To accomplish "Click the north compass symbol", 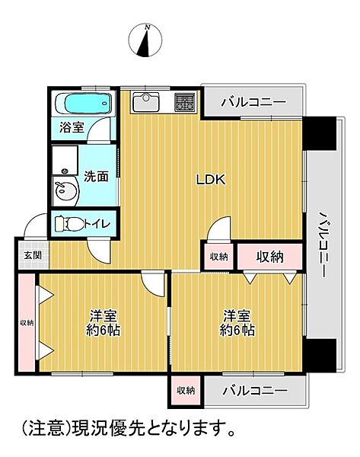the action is [145, 40].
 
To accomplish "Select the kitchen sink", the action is [145, 102].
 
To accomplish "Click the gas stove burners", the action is [185, 102].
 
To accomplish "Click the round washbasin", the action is [65, 190].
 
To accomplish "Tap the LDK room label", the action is [211, 180].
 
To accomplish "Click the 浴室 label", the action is [72, 127].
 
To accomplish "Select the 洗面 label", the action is [96, 177].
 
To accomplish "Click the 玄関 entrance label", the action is [33, 255].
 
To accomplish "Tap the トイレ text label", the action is [97, 224].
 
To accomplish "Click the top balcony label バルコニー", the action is [253, 102].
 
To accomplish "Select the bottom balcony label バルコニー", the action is [255, 390].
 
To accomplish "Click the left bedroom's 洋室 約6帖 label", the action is [103, 323].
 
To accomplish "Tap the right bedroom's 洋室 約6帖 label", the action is [237, 323].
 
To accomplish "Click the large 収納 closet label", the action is [269, 257].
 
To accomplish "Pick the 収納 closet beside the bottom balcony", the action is [186, 391].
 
